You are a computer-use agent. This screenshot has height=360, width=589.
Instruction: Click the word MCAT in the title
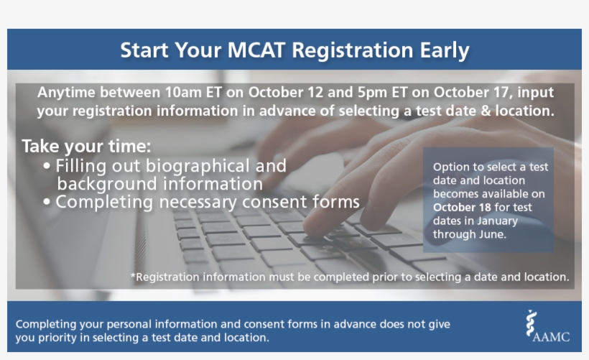[256, 50]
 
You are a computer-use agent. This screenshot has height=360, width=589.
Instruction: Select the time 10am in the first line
[183, 93]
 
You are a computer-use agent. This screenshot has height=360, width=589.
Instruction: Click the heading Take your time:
[86, 146]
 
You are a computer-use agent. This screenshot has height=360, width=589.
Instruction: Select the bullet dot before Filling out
[47, 166]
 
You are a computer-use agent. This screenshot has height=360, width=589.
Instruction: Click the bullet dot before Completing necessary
[47, 202]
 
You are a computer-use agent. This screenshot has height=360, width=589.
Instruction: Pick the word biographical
[198, 167]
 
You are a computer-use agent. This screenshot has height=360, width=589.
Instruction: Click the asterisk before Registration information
[133, 275]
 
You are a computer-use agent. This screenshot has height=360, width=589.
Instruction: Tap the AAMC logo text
[551, 336]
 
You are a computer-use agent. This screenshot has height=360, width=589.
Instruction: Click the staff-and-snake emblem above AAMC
[530, 323]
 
